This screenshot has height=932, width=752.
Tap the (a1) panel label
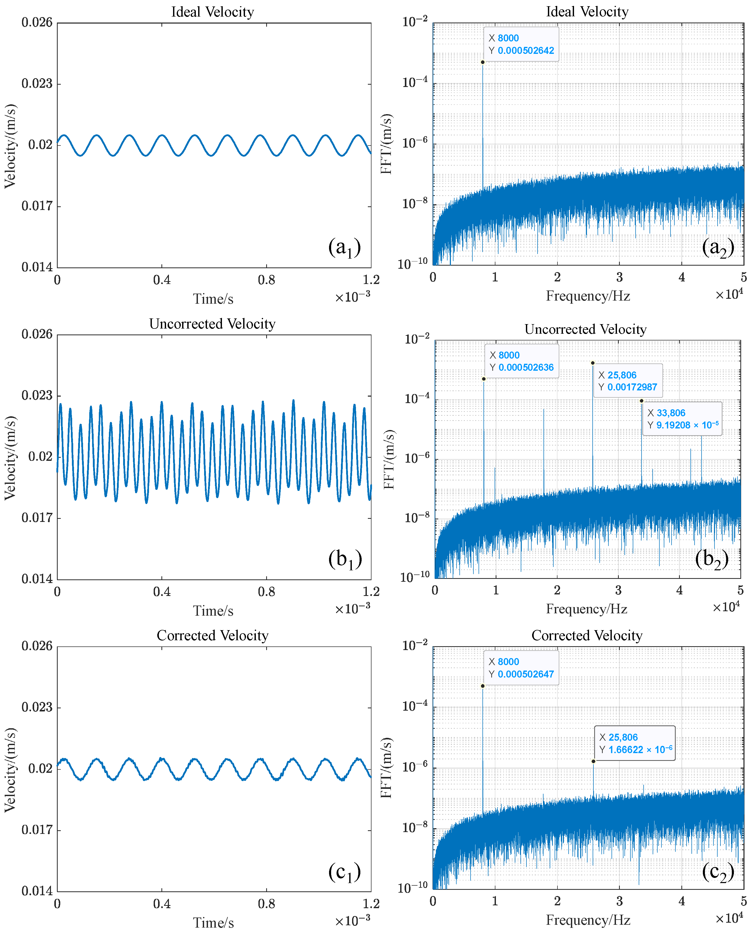point(344,247)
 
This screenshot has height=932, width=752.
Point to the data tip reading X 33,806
point(682,419)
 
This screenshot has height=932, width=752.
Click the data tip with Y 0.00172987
point(627,381)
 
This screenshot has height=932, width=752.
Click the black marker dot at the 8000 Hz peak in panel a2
point(482,62)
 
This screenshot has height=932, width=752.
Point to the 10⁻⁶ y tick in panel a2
point(415,143)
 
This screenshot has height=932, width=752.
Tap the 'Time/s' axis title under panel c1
point(213,922)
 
